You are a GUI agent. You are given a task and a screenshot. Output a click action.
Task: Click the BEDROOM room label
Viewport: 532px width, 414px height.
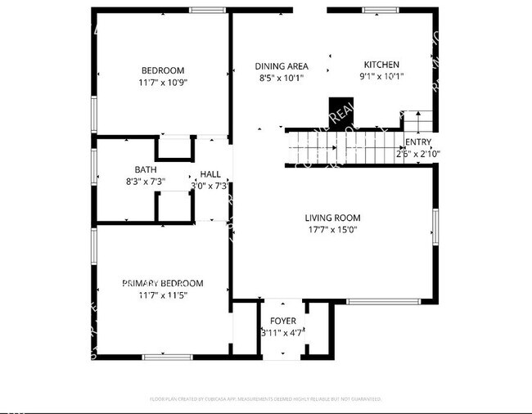pyautogui.click(x=162, y=70)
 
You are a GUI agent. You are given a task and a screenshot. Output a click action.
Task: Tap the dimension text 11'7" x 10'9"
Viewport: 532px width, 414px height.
pyautogui.click(x=162, y=83)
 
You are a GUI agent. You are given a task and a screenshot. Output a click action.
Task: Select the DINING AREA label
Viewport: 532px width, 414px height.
pyautogui.click(x=281, y=66)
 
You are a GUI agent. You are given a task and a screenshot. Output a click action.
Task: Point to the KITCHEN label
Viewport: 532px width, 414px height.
pyautogui.click(x=381, y=65)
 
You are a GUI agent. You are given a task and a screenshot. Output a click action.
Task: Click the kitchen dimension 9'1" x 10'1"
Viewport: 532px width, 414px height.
pyautogui.click(x=381, y=77)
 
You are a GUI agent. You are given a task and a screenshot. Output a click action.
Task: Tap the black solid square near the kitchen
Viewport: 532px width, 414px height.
pyautogui.click(x=339, y=109)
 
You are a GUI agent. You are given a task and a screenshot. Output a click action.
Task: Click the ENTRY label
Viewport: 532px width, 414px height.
pyautogui.click(x=418, y=142)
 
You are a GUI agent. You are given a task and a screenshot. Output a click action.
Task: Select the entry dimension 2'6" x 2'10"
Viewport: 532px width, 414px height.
pyautogui.click(x=418, y=153)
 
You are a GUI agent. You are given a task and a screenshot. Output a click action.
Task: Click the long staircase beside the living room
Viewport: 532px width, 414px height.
pyautogui.click(x=344, y=148)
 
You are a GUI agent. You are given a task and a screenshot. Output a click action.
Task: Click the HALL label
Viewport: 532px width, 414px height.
pyautogui.click(x=210, y=174)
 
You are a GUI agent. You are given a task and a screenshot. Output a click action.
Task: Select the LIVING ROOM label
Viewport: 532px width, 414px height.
pyautogui.click(x=332, y=218)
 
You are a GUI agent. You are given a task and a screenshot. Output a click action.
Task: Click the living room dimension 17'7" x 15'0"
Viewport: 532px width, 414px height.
pyautogui.click(x=332, y=230)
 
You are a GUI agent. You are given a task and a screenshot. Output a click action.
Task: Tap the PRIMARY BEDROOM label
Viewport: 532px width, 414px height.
pyautogui.click(x=162, y=283)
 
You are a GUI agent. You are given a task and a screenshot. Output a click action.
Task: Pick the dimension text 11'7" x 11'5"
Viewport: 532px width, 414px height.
pyautogui.click(x=162, y=295)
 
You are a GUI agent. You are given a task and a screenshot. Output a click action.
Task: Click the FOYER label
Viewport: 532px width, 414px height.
pyautogui.click(x=283, y=321)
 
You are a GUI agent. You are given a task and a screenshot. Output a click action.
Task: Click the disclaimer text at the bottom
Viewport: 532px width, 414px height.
pyautogui.click(x=266, y=399)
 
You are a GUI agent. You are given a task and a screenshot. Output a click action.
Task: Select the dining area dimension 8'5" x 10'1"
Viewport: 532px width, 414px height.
pyautogui.click(x=281, y=79)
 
